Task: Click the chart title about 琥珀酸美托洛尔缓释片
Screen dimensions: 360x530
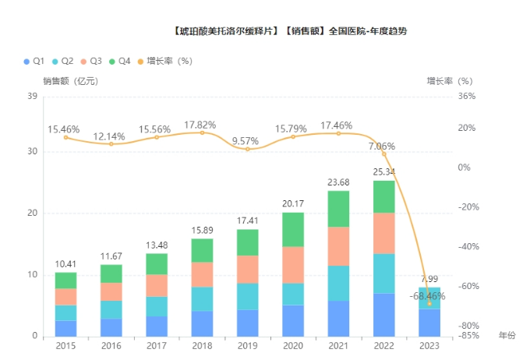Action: coord(288,32)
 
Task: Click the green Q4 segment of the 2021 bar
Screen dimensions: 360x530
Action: coord(337,209)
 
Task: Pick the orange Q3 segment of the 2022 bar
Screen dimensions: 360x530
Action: coord(383,233)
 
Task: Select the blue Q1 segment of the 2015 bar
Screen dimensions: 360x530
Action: coord(65,328)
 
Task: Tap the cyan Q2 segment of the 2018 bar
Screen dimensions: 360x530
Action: coord(202,298)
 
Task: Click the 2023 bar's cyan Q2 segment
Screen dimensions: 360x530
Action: coord(429,298)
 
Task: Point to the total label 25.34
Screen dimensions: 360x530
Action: coord(383,172)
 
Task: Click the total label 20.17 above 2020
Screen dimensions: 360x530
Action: coord(292,204)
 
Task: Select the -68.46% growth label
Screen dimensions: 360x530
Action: coord(428,296)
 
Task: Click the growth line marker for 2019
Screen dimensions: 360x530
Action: coord(247,149)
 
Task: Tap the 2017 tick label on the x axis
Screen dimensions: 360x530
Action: coord(156,346)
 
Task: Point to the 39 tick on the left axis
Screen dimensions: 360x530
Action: coord(33,97)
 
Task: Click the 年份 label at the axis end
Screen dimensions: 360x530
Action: coord(507,336)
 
